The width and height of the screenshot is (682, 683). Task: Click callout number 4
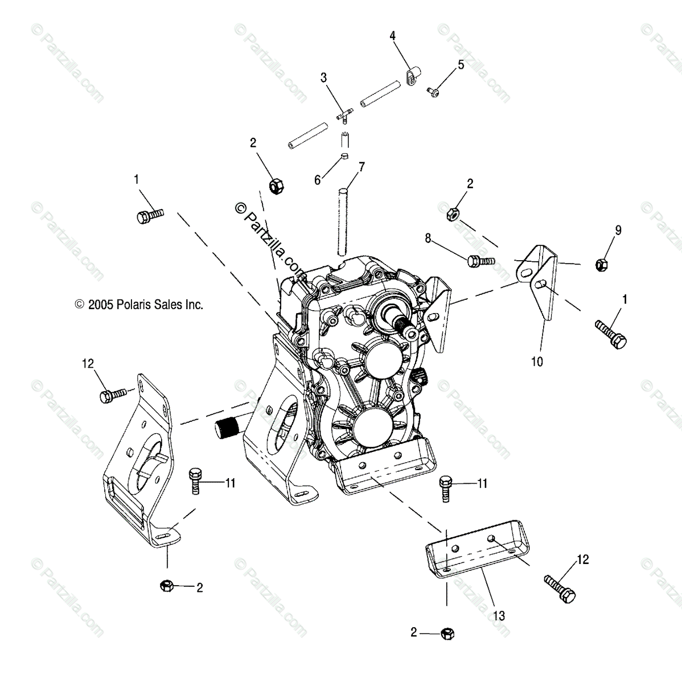[392, 36]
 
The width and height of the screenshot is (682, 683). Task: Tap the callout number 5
[461, 64]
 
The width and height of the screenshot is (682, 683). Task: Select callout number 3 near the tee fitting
[323, 77]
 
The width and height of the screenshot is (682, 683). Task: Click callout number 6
[318, 180]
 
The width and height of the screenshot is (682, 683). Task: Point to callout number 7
[361, 167]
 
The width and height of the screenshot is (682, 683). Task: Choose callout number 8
[428, 238]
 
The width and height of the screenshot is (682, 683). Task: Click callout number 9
[618, 231]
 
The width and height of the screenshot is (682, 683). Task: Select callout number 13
[499, 615]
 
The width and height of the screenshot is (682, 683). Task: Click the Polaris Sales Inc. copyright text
[138, 305]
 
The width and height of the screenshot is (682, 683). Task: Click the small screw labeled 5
[433, 90]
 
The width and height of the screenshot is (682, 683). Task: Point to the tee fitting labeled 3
[344, 114]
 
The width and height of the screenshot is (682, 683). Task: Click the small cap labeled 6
[344, 157]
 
